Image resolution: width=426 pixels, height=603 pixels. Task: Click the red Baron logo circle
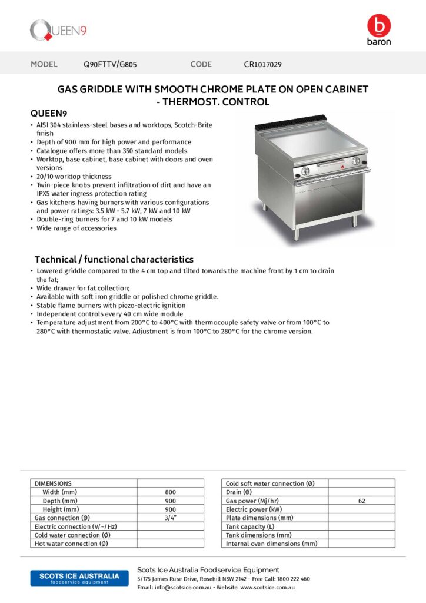click(x=378, y=26)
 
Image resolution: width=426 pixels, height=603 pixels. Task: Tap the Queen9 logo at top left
click(x=58, y=30)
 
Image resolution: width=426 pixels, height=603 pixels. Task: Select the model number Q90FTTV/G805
click(x=111, y=64)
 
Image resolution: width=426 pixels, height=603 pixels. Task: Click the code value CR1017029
click(x=262, y=64)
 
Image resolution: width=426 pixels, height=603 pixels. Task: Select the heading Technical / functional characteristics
click(x=114, y=259)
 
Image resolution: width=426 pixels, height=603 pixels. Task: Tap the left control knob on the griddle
click(x=305, y=171)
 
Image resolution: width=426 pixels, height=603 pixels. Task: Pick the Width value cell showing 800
click(x=170, y=492)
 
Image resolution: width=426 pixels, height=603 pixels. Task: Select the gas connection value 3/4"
click(x=170, y=518)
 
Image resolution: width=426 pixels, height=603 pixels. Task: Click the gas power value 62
click(x=361, y=501)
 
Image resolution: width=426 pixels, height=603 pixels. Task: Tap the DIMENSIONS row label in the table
click(x=54, y=483)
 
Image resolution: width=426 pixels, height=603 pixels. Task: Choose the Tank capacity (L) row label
click(x=250, y=526)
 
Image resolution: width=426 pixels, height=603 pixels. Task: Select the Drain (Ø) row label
click(x=239, y=492)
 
